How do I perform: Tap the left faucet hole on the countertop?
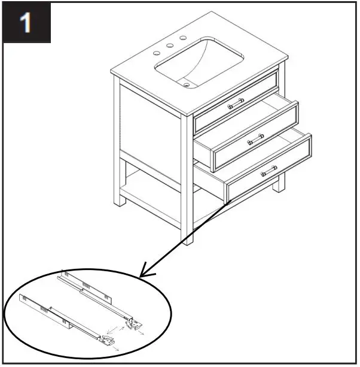(157, 53)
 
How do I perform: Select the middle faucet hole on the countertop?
(170, 46)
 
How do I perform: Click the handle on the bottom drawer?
(269, 172)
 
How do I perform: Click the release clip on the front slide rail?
(108, 342)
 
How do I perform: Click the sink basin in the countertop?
(200, 63)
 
